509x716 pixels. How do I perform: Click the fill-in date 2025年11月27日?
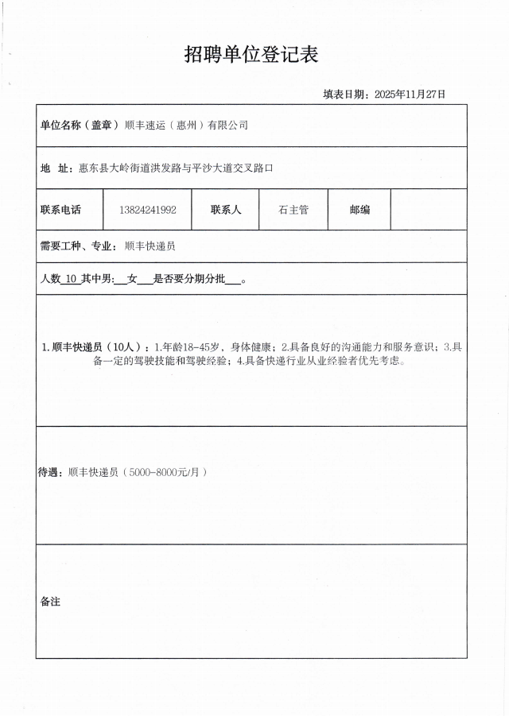(410, 94)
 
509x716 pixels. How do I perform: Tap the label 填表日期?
(344, 94)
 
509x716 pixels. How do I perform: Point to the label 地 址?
(56, 168)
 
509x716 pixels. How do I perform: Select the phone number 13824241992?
(147, 210)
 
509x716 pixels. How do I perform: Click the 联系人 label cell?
(226, 210)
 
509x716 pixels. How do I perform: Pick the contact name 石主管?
(293, 210)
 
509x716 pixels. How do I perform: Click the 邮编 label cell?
(359, 210)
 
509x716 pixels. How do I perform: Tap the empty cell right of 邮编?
(428, 210)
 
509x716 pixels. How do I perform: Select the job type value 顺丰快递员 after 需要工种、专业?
(150, 246)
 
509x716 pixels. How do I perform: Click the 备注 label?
(50, 602)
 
